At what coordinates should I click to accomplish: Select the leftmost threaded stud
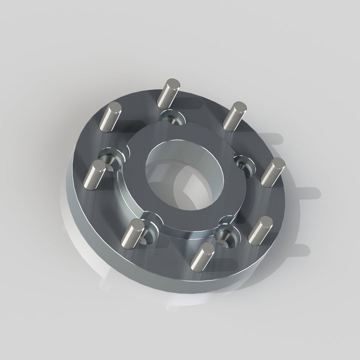click(x=94, y=175)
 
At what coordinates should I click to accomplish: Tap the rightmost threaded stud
click(x=272, y=172)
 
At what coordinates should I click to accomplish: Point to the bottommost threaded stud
click(x=202, y=256)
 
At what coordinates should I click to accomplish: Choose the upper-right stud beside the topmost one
click(x=234, y=116)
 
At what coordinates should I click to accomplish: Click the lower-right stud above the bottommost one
click(x=260, y=230)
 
